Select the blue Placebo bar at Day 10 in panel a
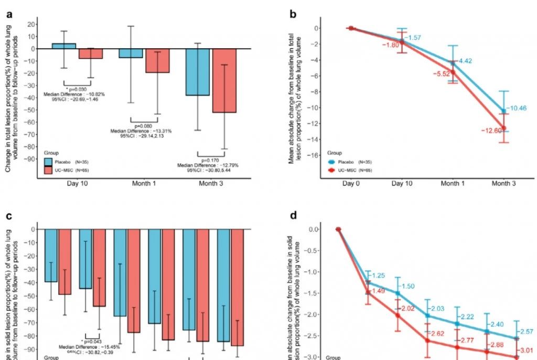pos(63,46)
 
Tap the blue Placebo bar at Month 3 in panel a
pos(197,72)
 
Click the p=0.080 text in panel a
pos(143,126)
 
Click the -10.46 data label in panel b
pos(518,108)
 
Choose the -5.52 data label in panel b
pos(441,74)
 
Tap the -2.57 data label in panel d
pos(527,332)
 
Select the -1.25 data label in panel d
pos(378,276)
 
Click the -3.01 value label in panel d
pos(527,351)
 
